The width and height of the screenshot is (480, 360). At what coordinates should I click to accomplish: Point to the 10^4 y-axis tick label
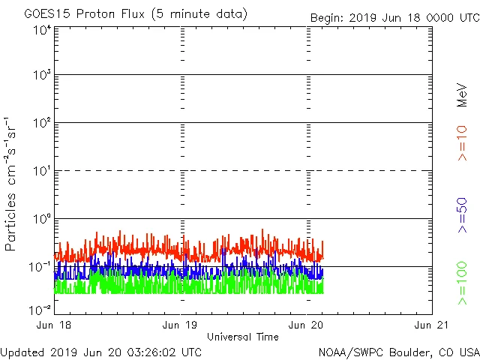[42, 31]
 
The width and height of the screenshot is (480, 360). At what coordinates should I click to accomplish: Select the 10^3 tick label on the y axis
[42, 76]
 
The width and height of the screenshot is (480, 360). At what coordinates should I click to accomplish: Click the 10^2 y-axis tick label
[42, 124]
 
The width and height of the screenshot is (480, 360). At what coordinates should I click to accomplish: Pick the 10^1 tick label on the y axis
[42, 172]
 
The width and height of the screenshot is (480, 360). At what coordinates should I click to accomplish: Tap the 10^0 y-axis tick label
[42, 220]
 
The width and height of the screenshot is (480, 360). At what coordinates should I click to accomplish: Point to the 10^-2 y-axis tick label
[40, 310]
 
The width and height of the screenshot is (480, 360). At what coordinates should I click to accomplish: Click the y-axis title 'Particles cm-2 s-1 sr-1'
[13, 184]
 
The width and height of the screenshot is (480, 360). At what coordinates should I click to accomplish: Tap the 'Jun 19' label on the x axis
[181, 325]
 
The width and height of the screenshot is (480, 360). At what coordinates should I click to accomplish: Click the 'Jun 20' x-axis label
[306, 325]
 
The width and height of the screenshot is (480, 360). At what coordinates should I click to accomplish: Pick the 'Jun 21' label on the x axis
[431, 325]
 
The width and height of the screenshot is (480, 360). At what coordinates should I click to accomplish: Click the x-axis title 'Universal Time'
[243, 337]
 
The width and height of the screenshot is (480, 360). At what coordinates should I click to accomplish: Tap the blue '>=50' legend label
[463, 214]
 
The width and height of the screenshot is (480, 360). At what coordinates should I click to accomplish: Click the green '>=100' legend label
[463, 283]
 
